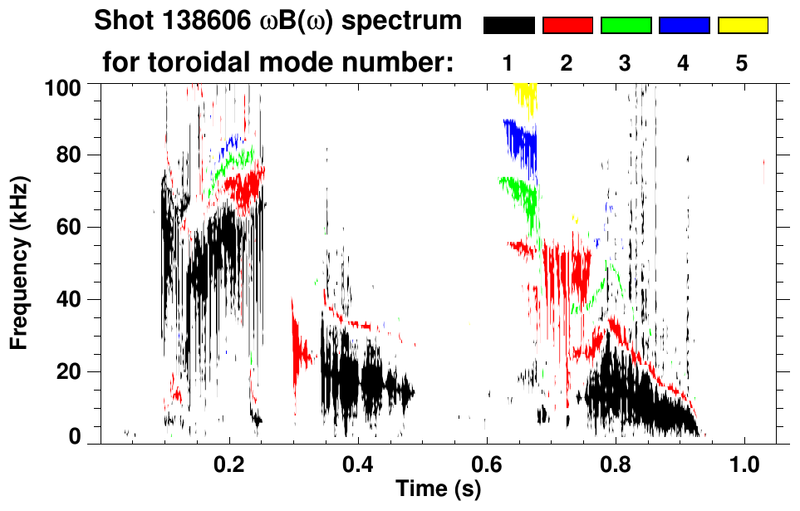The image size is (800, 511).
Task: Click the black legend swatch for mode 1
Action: click(508, 26)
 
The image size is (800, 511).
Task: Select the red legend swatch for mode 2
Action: click(567, 26)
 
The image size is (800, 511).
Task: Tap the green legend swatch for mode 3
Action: click(626, 26)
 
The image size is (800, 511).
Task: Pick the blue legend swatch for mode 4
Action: click(684, 26)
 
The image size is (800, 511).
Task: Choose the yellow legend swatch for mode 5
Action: click(743, 26)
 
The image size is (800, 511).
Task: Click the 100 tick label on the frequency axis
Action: click(62, 86)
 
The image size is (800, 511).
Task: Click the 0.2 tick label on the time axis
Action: click(229, 464)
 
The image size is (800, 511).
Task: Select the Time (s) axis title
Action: click(438, 489)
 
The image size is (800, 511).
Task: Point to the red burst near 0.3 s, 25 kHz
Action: click(300, 351)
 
